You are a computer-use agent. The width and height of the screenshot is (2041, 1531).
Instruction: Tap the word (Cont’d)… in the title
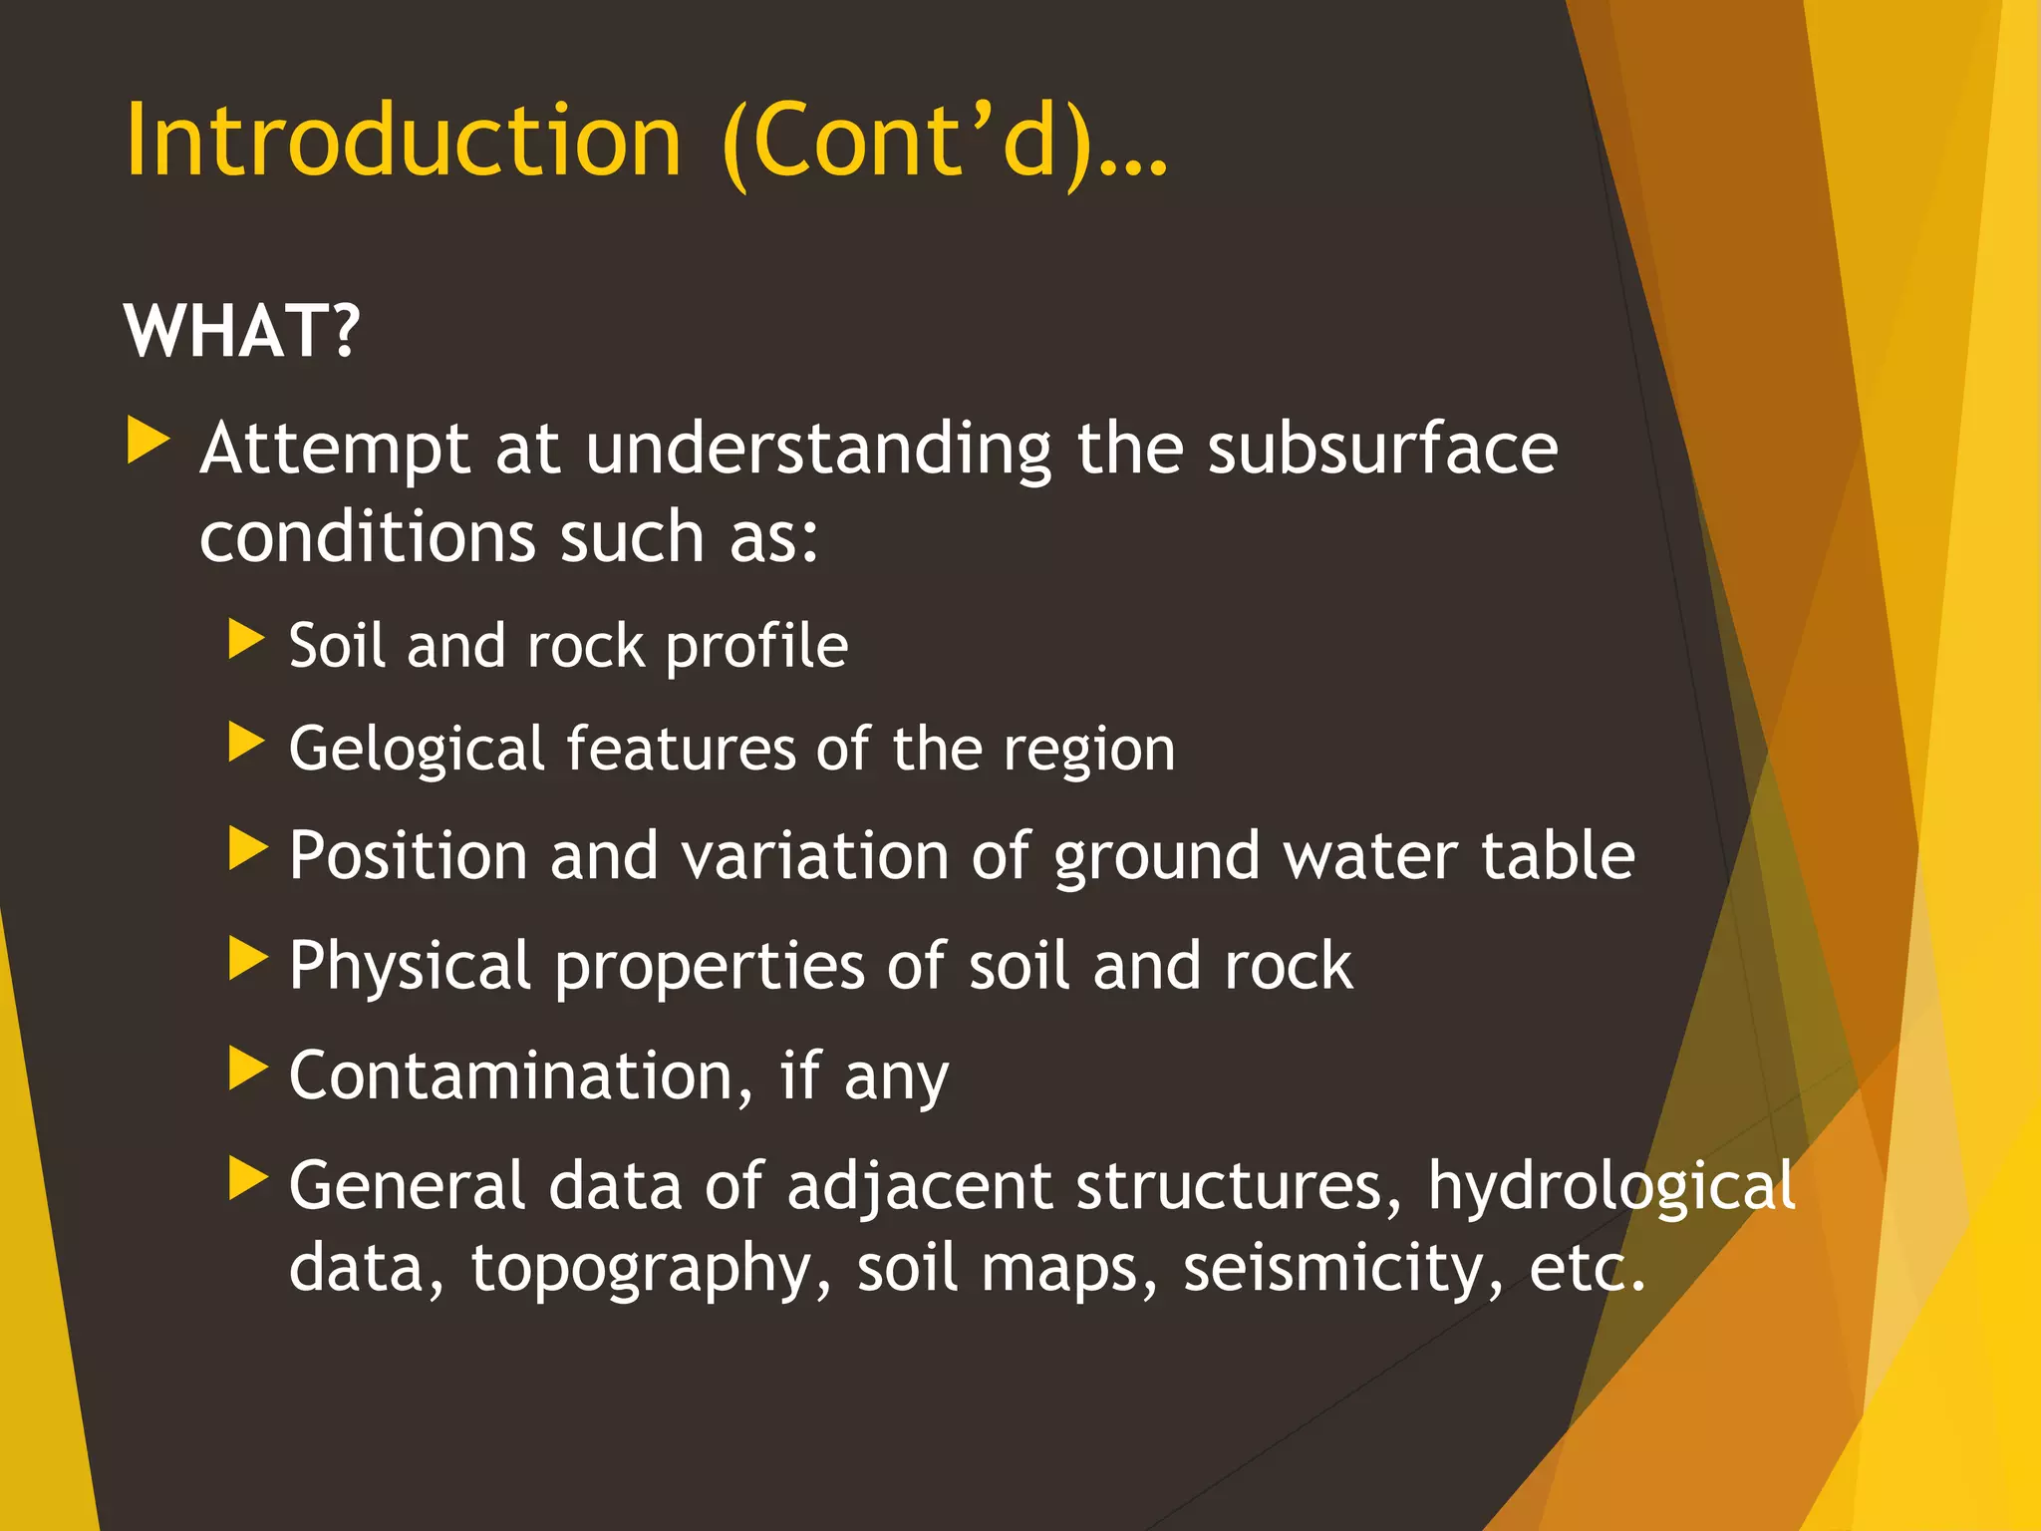pyautogui.click(x=943, y=143)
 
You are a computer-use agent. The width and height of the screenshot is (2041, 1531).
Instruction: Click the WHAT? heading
pyautogui.click(x=241, y=331)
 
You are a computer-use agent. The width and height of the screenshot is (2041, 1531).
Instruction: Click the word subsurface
pyautogui.click(x=1382, y=449)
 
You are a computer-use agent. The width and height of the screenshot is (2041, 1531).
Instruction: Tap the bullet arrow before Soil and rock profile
pyautogui.click(x=246, y=639)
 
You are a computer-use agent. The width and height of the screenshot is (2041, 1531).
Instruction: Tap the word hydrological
pyautogui.click(x=1610, y=1187)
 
